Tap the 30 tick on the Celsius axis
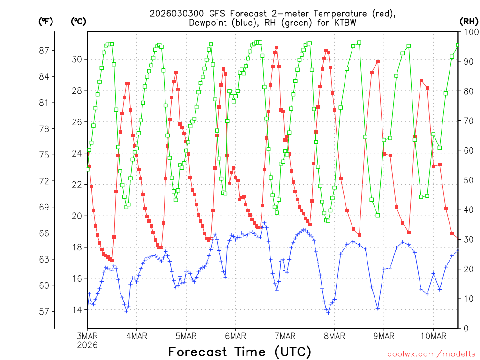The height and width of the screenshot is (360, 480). (77, 59)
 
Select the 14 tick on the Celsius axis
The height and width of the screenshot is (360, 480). (77, 310)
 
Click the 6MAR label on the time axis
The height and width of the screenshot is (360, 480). (235, 336)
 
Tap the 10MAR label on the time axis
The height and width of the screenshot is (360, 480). (433, 336)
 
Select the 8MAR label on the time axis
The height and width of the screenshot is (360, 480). (334, 336)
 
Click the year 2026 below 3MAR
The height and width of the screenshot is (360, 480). (87, 345)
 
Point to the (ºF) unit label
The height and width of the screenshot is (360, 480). (46, 21)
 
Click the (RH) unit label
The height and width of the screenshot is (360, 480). (469, 21)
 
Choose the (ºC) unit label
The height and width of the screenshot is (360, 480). (78, 21)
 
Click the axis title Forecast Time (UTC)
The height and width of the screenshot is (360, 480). (240, 352)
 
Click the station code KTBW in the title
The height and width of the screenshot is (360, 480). (342, 22)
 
